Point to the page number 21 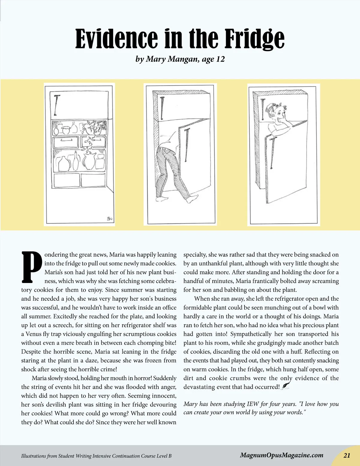point(347,455)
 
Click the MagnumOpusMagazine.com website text point(282,455)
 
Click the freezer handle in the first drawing point(56,105)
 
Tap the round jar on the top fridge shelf point(66,129)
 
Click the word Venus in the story point(33,334)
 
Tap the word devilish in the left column point(56,404)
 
